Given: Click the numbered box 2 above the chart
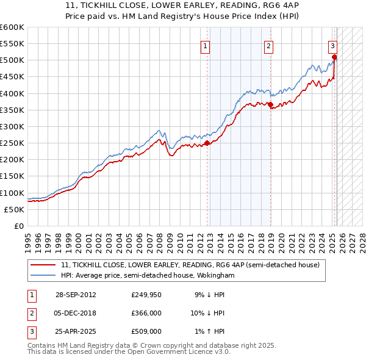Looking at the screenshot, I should point(268,45).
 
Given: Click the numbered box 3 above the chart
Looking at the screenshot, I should point(332,45).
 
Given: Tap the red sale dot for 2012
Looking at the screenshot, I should point(207,143).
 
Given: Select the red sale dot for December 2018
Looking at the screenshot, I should point(270,105).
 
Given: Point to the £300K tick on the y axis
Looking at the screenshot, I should point(12,126).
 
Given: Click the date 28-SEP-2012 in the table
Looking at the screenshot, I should point(76,295).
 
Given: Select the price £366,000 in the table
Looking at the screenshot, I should point(146,314).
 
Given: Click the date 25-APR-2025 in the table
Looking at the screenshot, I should point(76,332).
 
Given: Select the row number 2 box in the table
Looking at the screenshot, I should point(30,314).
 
